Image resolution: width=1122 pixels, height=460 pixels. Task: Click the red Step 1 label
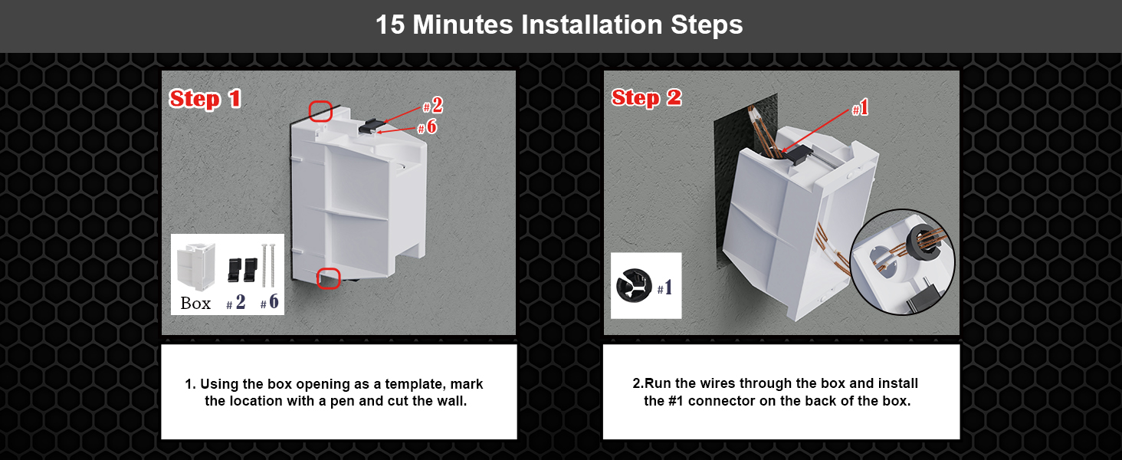pos(205,99)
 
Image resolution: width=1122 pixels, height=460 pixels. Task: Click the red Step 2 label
pos(646,97)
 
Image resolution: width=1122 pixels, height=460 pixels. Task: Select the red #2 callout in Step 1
pos(433,105)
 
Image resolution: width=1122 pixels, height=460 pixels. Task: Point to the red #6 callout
pos(427,127)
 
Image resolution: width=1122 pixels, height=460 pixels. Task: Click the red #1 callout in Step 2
pos(860,107)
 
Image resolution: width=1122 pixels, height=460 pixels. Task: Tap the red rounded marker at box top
pos(320,110)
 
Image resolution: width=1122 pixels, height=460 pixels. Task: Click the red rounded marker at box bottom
pos(329,278)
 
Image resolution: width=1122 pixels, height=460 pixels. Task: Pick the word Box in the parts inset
pos(195,303)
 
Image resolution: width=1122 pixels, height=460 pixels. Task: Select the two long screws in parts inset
pos(268,265)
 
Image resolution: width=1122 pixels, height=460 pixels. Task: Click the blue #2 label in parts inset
pos(236,301)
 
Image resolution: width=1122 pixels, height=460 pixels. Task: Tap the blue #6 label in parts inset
pos(270,301)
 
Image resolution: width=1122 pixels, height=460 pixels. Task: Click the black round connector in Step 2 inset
pos(634,285)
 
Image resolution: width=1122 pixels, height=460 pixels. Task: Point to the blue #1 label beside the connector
pos(664,287)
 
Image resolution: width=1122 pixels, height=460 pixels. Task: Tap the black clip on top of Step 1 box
pos(371,125)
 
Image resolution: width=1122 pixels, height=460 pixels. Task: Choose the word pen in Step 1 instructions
pos(343,402)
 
